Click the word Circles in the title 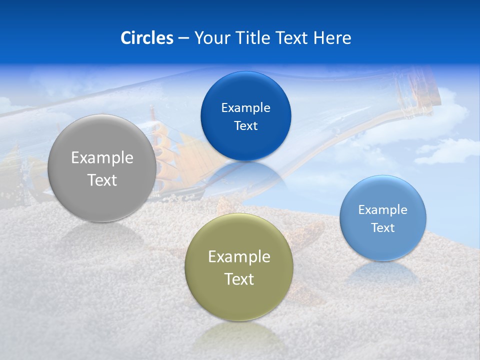(146, 38)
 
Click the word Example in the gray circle (102, 158)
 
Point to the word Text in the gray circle (102, 180)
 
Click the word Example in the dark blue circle (245, 108)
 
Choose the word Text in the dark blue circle (245, 125)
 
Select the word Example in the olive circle (239, 257)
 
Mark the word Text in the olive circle (239, 279)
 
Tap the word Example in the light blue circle (382, 210)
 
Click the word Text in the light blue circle (382, 228)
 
